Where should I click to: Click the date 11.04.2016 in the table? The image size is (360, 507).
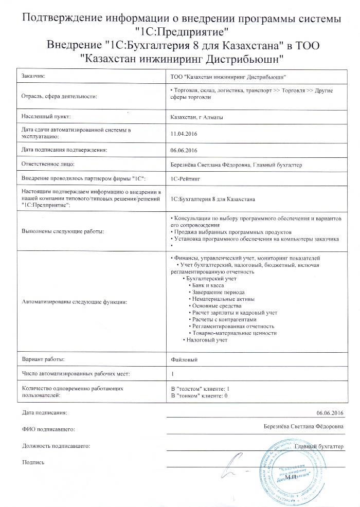click(184, 134)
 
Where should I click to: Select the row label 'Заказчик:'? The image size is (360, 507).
click(33, 76)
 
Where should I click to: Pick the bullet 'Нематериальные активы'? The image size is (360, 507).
click(223, 298)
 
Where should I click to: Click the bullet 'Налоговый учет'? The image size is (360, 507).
click(207, 340)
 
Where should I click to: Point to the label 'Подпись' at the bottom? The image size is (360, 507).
click(33, 462)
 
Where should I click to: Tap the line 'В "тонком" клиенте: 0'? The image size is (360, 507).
click(199, 395)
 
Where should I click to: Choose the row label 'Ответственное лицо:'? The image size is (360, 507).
click(48, 164)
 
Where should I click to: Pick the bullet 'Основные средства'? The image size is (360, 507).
click(217, 305)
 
